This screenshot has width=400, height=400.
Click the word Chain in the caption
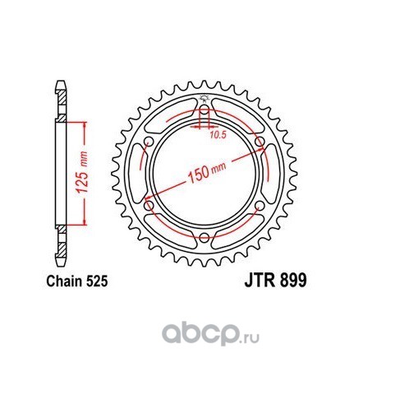click(65, 281)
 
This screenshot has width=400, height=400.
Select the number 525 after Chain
click(97, 281)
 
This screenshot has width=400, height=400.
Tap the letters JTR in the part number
click(260, 281)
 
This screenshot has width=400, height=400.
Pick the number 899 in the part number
click(293, 281)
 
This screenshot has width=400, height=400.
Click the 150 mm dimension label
click(207, 172)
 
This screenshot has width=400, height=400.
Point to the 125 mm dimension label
click(82, 172)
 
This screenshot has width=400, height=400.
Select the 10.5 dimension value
click(218, 135)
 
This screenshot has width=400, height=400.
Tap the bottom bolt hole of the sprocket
click(204, 238)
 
